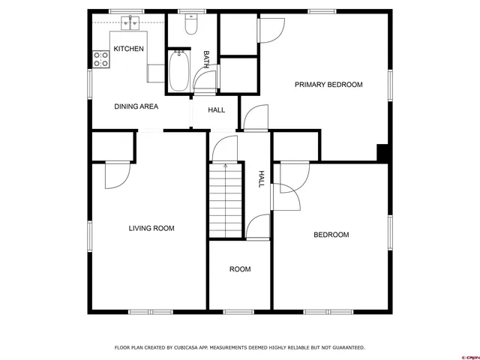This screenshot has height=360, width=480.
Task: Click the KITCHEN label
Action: pyautogui.click(x=128, y=49)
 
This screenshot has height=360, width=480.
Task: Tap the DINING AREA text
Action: pyautogui.click(x=136, y=106)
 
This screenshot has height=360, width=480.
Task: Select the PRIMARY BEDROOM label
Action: pyautogui.click(x=328, y=85)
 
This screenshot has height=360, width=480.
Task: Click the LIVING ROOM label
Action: pyautogui.click(x=151, y=228)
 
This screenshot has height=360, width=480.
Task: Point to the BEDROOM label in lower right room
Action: pyautogui.click(x=331, y=235)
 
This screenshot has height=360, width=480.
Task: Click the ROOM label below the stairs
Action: pyautogui.click(x=240, y=269)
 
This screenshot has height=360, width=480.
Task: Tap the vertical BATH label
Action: pyautogui.click(x=206, y=60)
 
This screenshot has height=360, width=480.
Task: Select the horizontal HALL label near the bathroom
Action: pyautogui.click(x=216, y=110)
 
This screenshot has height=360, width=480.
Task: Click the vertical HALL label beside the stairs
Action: pyautogui.click(x=261, y=178)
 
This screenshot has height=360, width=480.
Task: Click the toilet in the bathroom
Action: pyautogui.click(x=190, y=27)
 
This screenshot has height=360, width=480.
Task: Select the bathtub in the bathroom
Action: pyautogui.click(x=178, y=70)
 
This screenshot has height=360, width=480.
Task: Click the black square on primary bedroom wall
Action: pyautogui.click(x=382, y=152)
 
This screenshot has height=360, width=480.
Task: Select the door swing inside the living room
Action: pyautogui.click(x=116, y=175)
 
